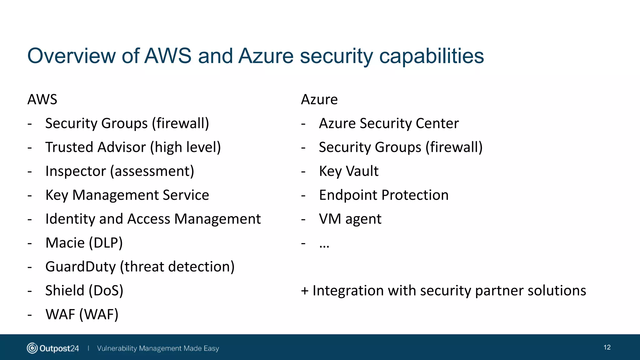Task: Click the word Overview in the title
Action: [72, 56]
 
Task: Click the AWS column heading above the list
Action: [42, 100]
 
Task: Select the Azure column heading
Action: [319, 100]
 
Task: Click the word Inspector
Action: [76, 171]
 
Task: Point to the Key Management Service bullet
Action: [127, 195]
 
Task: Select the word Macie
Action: [65, 243]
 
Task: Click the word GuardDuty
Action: [80, 267]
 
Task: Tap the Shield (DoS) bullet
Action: [84, 291]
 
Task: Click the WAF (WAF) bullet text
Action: [82, 314]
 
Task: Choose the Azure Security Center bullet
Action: [388, 123]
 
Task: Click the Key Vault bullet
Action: [348, 171]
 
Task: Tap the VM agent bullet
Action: [350, 219]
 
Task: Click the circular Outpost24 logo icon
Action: [32, 348]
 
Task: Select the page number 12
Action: [607, 347]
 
